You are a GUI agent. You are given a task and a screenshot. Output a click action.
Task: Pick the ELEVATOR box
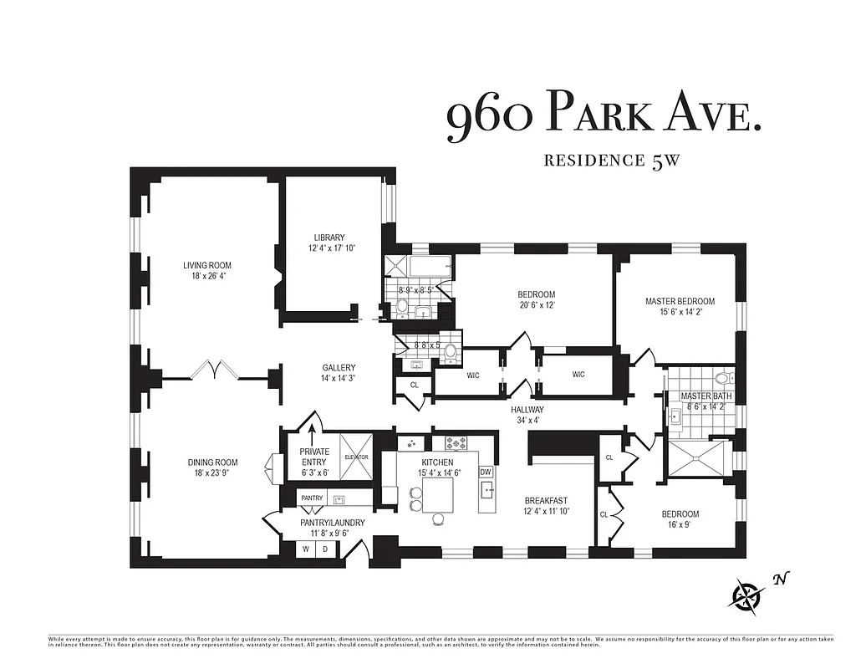[355, 457]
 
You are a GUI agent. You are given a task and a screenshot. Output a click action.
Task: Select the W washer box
[306, 549]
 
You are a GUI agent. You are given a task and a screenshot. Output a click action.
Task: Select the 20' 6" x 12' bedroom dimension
[536, 305]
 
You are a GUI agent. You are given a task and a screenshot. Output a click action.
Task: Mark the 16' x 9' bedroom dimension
[679, 525]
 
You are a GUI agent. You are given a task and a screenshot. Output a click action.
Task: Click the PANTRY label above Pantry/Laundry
[312, 498]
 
